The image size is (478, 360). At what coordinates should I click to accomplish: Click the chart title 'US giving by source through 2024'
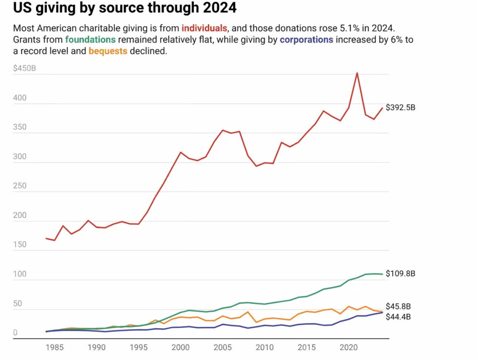point(124,8)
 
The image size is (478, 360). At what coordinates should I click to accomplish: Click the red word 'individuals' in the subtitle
point(204,28)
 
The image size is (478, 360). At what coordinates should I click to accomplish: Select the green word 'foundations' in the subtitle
point(91,40)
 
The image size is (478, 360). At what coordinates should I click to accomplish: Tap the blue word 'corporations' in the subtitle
point(306,40)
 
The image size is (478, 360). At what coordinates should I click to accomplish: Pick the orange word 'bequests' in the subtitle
point(108,51)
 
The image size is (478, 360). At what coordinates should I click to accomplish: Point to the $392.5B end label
point(400,108)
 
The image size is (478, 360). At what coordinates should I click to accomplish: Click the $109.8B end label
point(400,274)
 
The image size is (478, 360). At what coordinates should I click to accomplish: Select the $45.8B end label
point(398,306)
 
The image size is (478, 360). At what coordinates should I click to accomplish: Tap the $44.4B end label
point(398,317)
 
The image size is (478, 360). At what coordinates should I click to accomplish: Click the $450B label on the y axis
point(24,68)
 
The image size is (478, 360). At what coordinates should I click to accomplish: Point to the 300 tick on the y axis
point(20,156)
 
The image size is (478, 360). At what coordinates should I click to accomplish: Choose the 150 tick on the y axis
point(20,244)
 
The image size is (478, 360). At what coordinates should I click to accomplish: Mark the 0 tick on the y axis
point(15,333)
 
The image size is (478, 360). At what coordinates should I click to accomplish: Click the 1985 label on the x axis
point(55,347)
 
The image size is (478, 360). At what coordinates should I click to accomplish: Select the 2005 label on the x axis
point(223,347)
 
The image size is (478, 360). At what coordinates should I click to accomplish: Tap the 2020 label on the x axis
point(349,347)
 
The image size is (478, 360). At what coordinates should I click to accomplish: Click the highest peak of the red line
point(357,73)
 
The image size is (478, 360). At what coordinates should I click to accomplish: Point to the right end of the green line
point(382,274)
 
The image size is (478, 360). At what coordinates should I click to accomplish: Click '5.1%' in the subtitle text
point(349,28)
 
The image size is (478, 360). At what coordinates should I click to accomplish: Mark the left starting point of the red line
point(46,238)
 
